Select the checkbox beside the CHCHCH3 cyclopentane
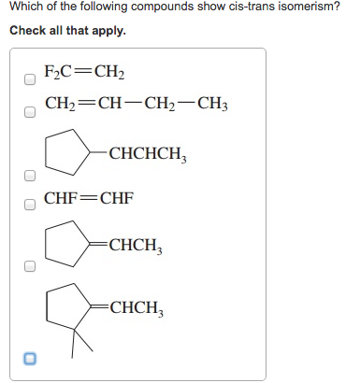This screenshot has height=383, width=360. click(x=29, y=175)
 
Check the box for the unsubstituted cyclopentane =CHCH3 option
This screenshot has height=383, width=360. click(x=29, y=266)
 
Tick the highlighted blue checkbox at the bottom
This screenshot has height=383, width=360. click(x=29, y=359)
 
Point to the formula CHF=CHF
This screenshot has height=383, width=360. click(x=89, y=199)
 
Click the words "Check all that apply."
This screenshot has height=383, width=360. click(x=67, y=31)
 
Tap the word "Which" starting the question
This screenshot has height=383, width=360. click(x=26, y=8)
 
